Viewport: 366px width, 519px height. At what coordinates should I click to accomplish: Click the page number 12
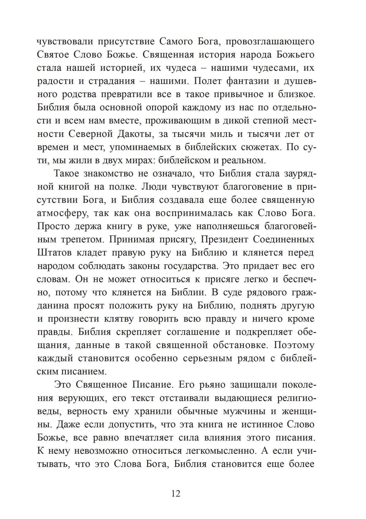(176, 493)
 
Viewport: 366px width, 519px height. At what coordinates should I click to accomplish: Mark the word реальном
(244, 160)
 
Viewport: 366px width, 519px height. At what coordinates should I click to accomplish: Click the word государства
(191, 266)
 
